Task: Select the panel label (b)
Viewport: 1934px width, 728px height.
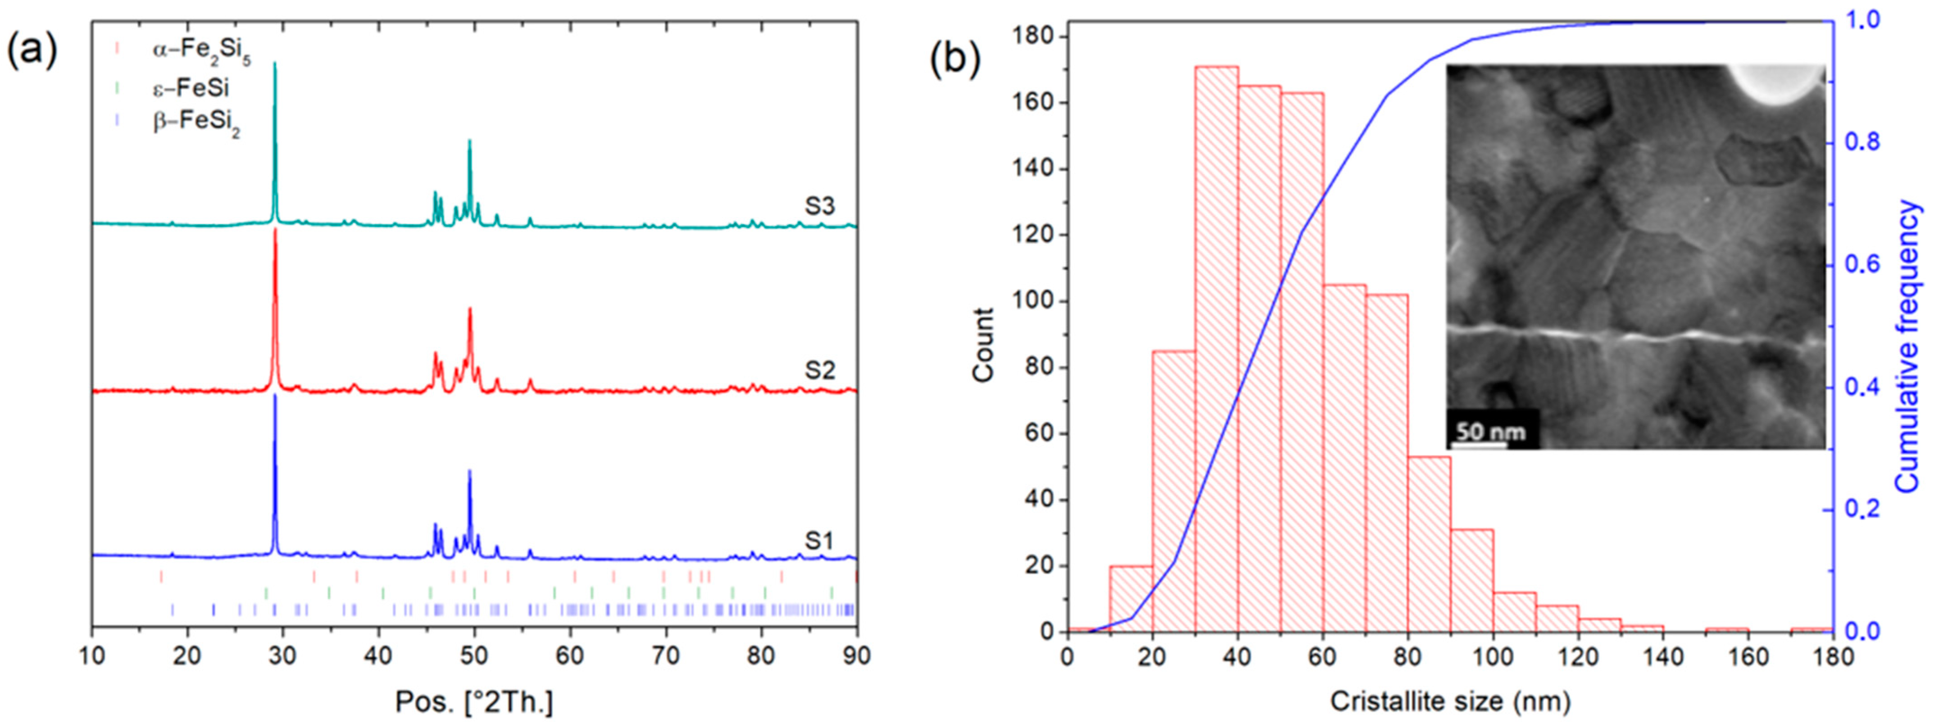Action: [955, 60]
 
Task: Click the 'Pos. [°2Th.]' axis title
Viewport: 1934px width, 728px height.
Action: [474, 702]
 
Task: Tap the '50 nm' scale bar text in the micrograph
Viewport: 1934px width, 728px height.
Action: [1490, 432]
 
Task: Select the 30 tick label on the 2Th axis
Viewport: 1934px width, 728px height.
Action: [283, 656]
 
